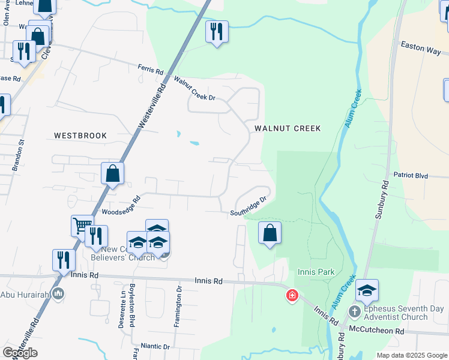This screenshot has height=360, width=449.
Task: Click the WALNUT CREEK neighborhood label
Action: tap(287, 128)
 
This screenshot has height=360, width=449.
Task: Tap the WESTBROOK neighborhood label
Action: tap(80, 136)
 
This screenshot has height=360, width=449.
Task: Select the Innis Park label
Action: tap(316, 272)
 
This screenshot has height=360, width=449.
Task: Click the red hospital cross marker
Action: tap(292, 296)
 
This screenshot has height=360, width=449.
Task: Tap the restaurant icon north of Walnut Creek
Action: tap(217, 31)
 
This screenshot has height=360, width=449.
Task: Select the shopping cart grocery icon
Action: tap(82, 226)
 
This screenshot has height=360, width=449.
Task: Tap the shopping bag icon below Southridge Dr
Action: tap(270, 233)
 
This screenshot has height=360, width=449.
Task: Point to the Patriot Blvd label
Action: tap(411, 176)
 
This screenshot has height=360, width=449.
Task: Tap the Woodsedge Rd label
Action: tap(121, 206)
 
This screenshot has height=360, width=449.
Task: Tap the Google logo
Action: tap(20, 353)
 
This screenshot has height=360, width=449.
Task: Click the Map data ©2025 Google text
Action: tap(411, 355)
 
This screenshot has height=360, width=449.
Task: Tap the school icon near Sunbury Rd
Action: tap(367, 290)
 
